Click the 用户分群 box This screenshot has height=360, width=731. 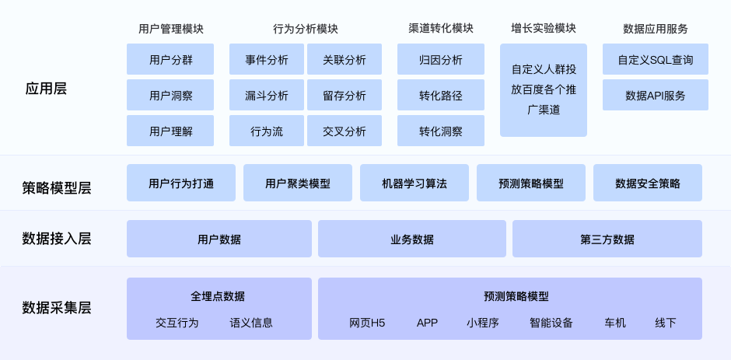coord(170,59)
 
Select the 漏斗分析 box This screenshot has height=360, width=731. coord(266,95)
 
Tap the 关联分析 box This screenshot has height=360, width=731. coord(345,59)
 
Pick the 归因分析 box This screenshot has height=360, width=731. coord(441,59)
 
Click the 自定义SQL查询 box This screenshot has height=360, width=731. coord(656,59)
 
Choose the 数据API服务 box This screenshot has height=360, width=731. coord(656,95)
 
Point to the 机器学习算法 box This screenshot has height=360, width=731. coord(414,183)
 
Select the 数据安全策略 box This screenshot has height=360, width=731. coord(648,183)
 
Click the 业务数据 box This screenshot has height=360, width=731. coord(412,239)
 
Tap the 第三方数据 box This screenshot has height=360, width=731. coord(607,239)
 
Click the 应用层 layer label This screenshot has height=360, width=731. coord(46,89)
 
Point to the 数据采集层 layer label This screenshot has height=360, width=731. coord(57,308)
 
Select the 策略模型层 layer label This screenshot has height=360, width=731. coord(57,187)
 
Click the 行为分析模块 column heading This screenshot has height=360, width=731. coord(306,29)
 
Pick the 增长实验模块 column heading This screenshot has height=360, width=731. coord(543,28)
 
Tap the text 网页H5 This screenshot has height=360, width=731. coord(367,323)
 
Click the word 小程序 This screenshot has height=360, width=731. coord(482,323)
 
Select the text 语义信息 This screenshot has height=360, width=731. coord(251,323)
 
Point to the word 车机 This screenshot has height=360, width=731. coord(615,323)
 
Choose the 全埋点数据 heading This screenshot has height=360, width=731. coord(217,296)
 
